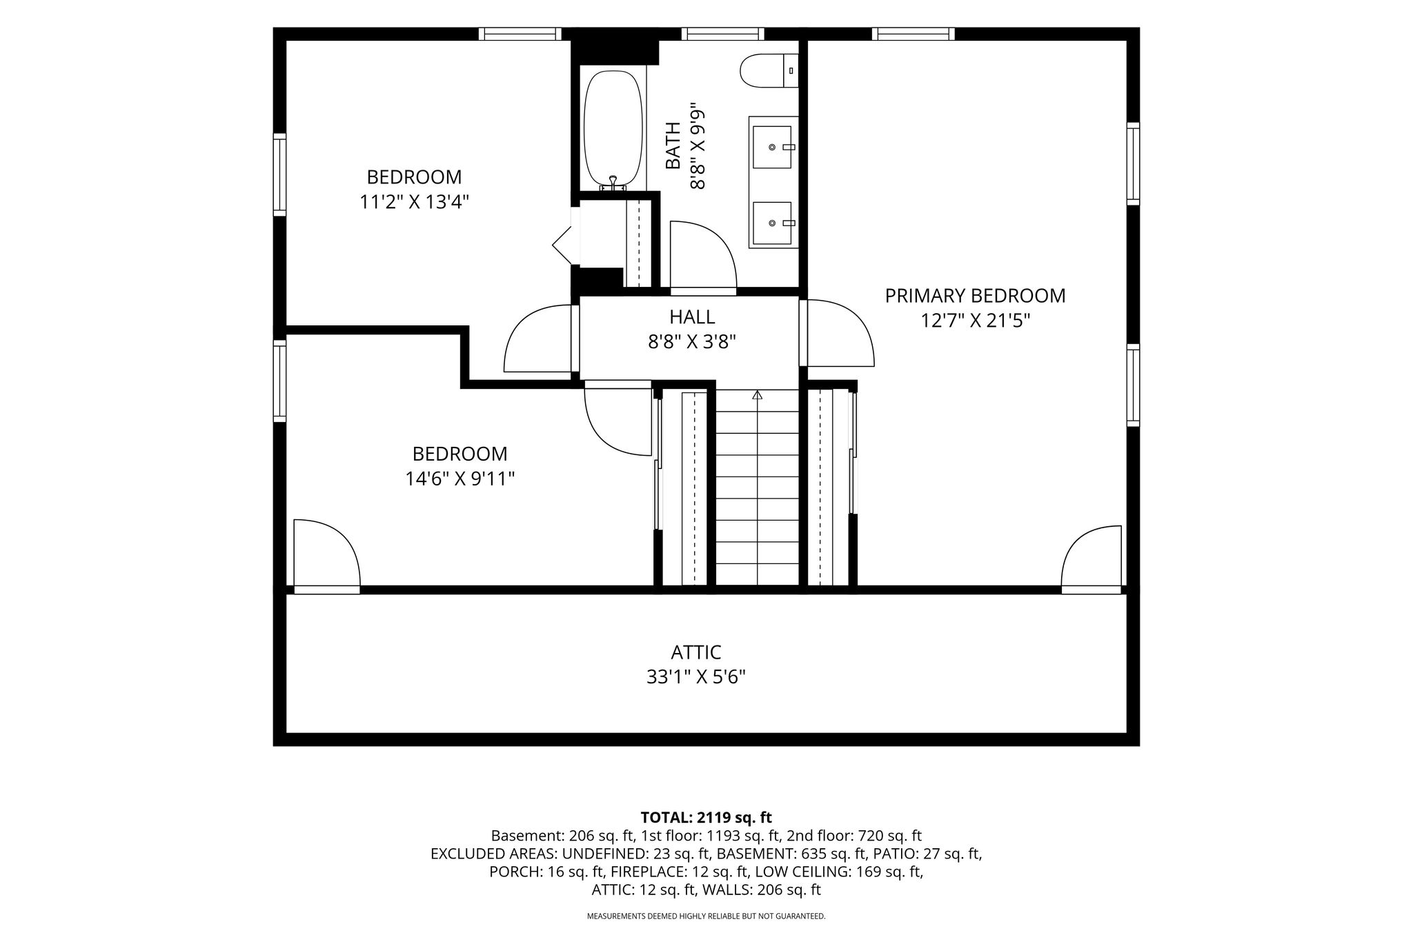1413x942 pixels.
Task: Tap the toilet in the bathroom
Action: click(769, 70)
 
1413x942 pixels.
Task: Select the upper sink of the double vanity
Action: click(772, 146)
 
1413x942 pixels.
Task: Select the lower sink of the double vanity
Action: click(772, 223)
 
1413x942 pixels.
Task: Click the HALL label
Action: click(692, 317)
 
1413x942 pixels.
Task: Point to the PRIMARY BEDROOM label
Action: click(975, 296)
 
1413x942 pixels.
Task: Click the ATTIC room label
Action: click(696, 652)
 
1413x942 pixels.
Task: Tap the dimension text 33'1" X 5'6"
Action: click(696, 677)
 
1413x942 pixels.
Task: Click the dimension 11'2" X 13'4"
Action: click(414, 202)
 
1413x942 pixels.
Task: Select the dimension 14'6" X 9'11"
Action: click(460, 479)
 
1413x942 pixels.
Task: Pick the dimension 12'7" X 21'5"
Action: click(975, 321)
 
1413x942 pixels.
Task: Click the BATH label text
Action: click(673, 145)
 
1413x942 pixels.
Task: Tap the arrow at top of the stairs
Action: click(758, 394)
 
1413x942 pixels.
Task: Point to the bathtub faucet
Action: click(613, 183)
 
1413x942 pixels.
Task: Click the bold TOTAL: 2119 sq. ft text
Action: click(706, 818)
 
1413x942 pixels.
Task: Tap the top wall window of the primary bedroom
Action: click(913, 34)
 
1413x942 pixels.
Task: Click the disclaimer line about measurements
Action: click(706, 916)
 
